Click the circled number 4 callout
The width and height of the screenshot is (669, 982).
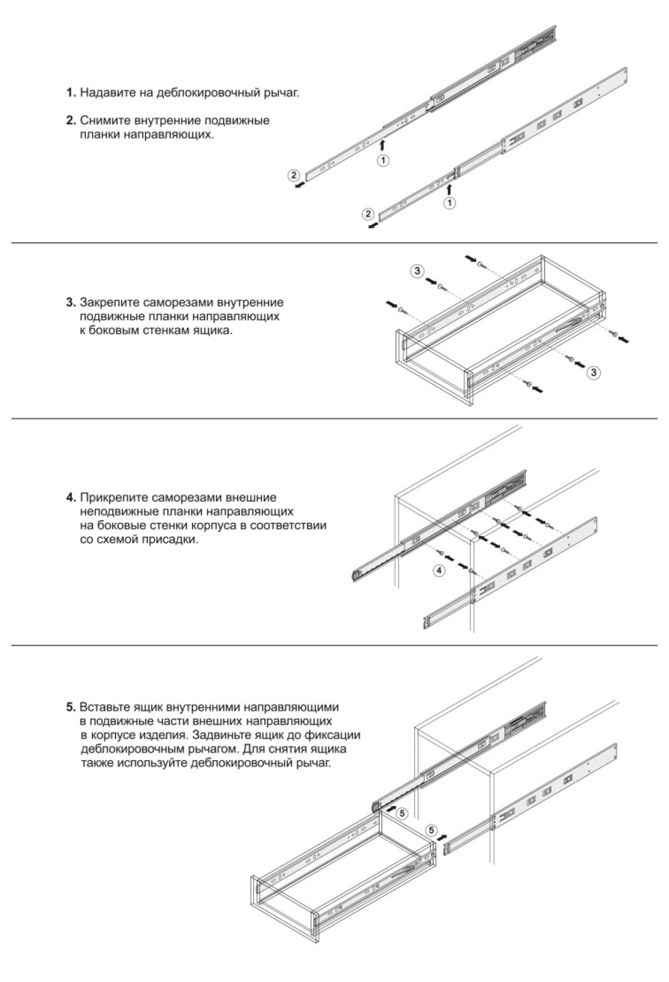pos(439,570)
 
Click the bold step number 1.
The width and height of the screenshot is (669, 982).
pos(71,93)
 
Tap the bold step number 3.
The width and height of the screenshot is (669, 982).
pos(71,303)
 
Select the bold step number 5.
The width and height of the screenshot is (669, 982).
pos(71,707)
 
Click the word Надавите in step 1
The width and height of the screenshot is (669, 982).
pos(105,93)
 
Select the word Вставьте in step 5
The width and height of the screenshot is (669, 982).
pos(105,707)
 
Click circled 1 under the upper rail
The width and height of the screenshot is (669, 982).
pos(383,161)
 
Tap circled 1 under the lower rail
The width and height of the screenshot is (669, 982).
pos(449,203)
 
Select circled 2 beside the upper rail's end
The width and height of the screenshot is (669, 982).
pos(294,175)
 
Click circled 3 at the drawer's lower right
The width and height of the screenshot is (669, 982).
pos(595,372)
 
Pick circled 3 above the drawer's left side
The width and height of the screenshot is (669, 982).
pos(417,272)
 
